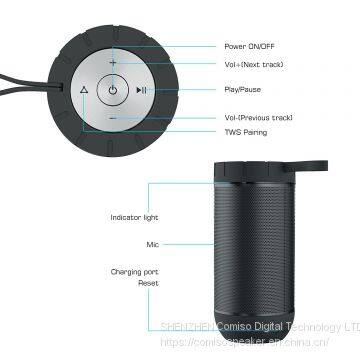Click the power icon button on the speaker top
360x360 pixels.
point(113,90)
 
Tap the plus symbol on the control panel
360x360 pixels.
point(113,62)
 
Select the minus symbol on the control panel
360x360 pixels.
point(113,117)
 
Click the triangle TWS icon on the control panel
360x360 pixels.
point(83,90)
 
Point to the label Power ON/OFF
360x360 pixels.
point(248,45)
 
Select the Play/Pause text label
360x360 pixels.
point(245,89)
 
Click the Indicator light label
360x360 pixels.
point(134,217)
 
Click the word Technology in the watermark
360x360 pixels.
point(302,327)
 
